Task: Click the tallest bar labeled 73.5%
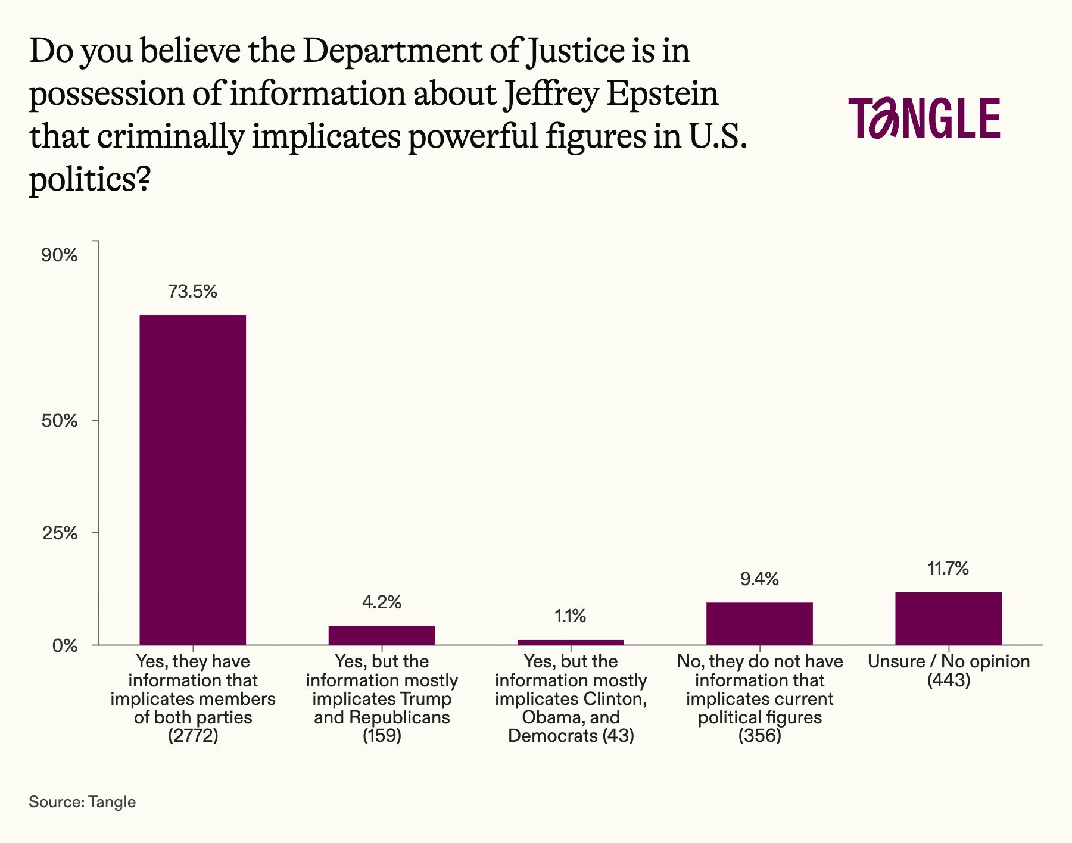[192, 479]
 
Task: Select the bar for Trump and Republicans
[381, 635]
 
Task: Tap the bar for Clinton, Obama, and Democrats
[571, 642]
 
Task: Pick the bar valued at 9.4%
[759, 623]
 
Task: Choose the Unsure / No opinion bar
[948, 618]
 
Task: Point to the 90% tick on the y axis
[59, 255]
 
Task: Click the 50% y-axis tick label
[59, 421]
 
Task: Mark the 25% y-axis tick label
[59, 533]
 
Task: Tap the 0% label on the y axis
[64, 645]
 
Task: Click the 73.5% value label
[192, 292]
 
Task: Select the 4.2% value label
[381, 602]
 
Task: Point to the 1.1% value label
[571, 616]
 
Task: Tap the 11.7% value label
[948, 569]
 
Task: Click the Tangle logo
[924, 118]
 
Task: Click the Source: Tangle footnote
[82, 802]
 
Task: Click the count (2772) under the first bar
[193, 736]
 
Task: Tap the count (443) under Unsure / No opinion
[949, 680]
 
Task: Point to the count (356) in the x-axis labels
[759, 736]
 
